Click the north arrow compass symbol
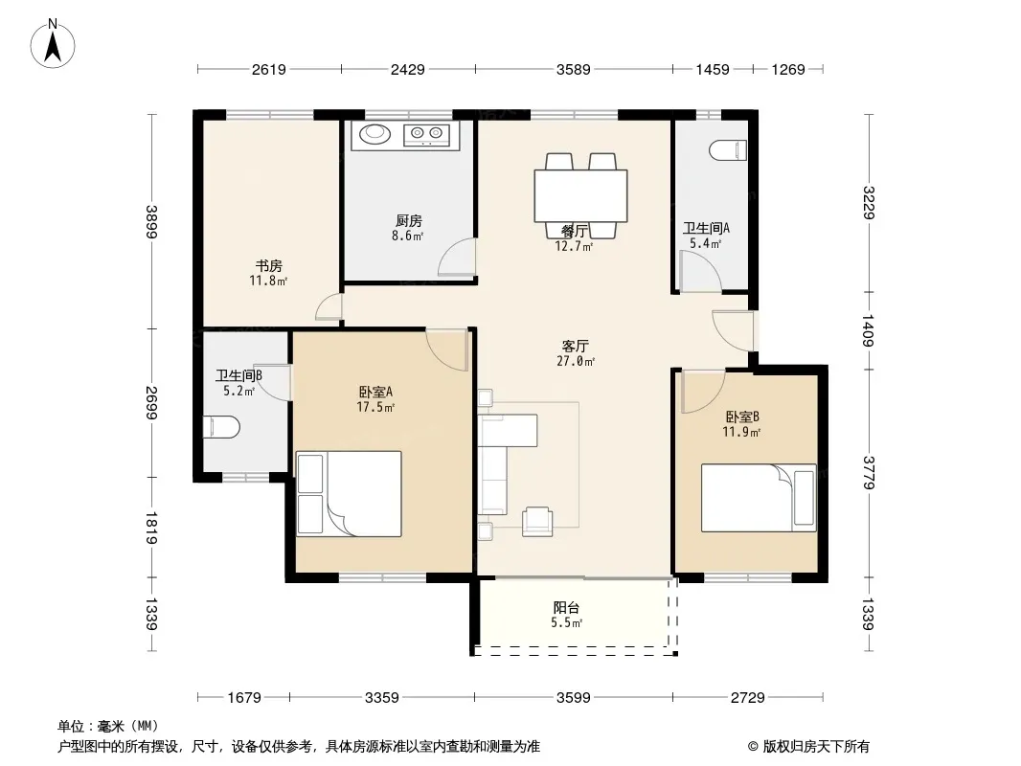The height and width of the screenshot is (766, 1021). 53,44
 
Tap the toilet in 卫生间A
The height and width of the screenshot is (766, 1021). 727,150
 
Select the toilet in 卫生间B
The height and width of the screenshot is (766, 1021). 222,428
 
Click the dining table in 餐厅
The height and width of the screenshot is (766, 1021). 580,196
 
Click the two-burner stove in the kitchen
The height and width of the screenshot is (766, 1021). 427,135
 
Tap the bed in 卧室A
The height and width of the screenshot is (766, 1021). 349,494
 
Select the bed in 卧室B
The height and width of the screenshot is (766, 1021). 759,498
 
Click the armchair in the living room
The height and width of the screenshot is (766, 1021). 537,521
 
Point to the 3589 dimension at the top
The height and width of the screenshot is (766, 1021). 573,70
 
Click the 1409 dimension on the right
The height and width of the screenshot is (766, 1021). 868,330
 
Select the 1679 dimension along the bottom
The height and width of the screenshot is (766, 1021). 244,698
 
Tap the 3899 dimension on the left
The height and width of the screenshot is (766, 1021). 151,222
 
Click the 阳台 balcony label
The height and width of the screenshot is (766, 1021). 566,608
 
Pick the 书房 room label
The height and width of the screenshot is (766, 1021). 268,266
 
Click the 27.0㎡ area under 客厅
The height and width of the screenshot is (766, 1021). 576,361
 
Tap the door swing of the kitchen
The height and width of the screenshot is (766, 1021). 457,258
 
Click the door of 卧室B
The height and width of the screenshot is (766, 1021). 703,391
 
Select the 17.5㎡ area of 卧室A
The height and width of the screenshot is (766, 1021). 375,407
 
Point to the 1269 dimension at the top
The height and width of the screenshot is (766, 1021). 788,70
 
